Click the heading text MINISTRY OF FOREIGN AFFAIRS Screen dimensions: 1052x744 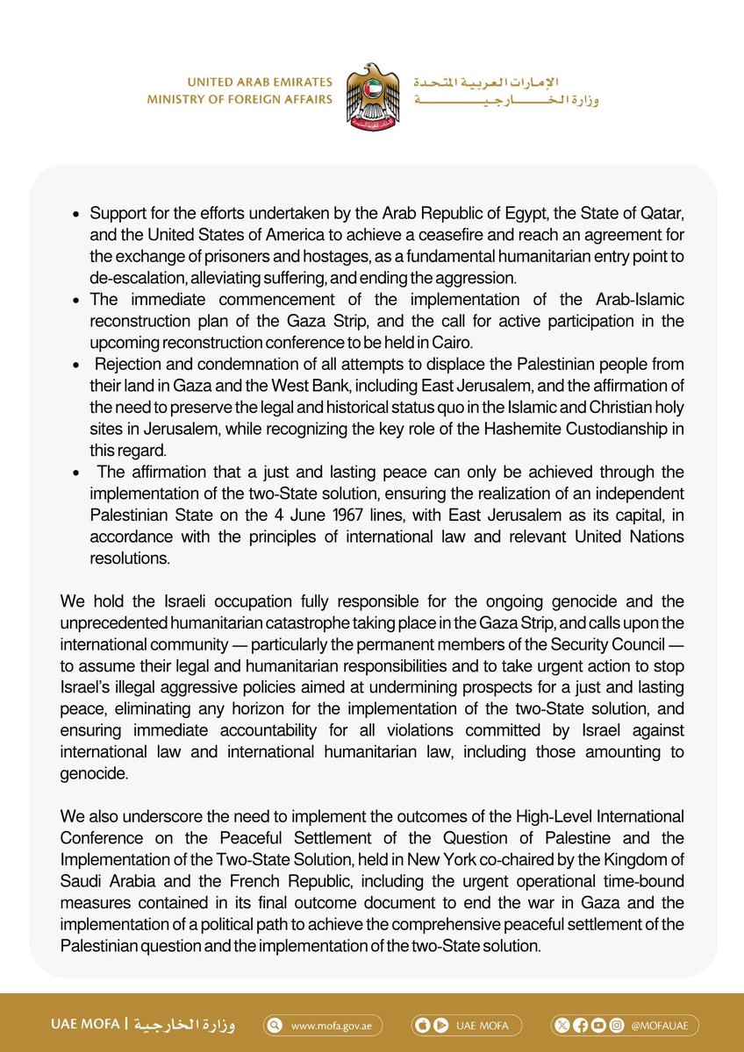pyautogui.click(x=240, y=99)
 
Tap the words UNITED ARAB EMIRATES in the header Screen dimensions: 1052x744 pyautogui.click(x=265, y=82)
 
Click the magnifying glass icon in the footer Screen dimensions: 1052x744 pyautogui.click(x=275, y=1025)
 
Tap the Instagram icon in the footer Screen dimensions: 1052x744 pyautogui.click(x=617, y=1025)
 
